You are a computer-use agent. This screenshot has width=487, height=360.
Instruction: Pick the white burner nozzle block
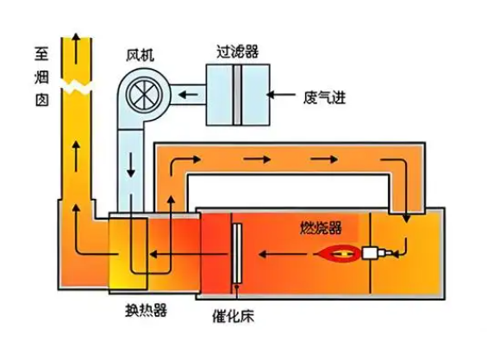pos(373,254)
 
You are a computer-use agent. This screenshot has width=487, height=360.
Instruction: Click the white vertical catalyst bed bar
pos(234,253)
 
